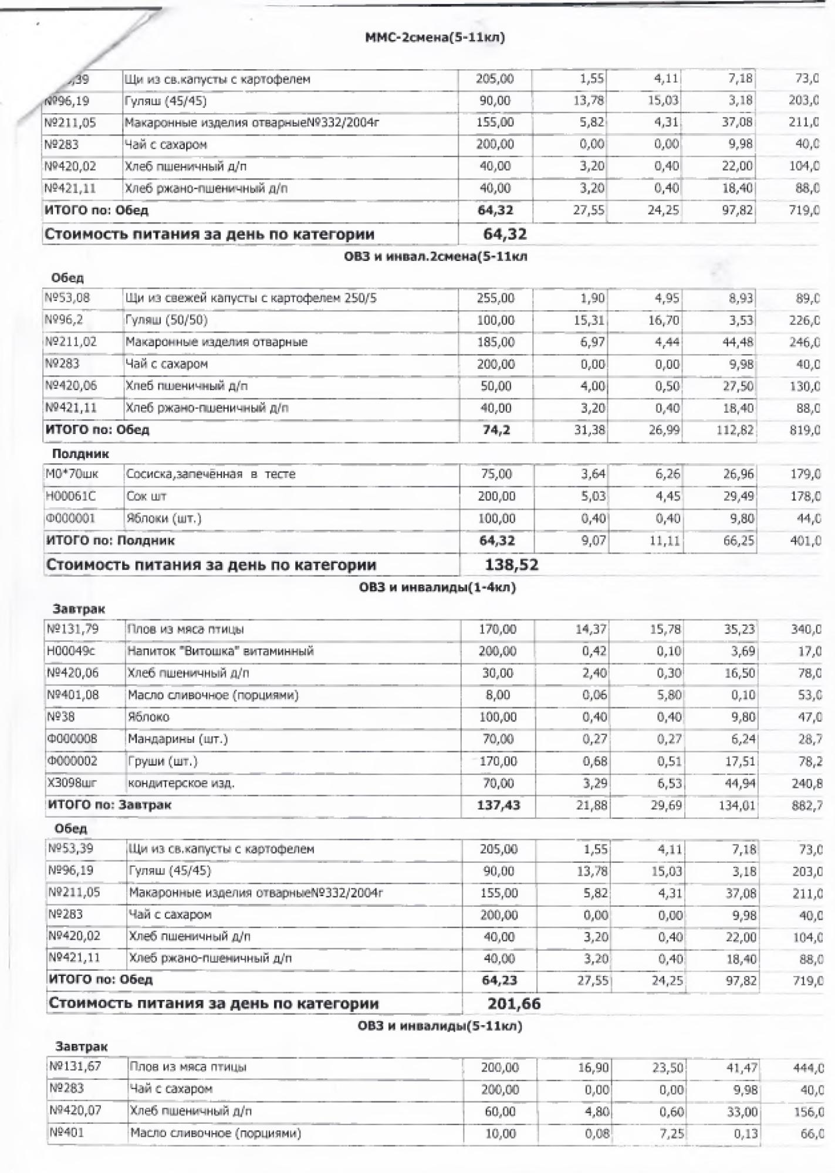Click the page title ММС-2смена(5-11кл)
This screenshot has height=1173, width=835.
click(x=435, y=38)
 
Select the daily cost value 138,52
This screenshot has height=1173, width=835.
click(x=511, y=565)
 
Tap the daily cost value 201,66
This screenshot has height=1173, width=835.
click(x=513, y=1004)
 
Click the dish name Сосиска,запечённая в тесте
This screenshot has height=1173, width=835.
click(x=211, y=474)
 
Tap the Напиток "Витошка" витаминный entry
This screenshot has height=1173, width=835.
click(x=221, y=651)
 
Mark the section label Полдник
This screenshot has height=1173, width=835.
click(x=80, y=453)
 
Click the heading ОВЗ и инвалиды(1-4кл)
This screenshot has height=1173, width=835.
click(x=437, y=587)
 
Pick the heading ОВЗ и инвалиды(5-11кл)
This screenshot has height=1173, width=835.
click(x=440, y=1026)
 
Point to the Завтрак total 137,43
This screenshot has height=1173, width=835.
click(x=498, y=805)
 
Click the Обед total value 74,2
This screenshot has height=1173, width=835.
click(x=496, y=430)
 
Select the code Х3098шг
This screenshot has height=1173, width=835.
click(x=72, y=783)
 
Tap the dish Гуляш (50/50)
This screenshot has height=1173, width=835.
click(x=166, y=320)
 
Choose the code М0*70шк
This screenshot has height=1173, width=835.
click(x=72, y=474)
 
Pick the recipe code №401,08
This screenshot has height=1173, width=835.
click(x=73, y=695)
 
